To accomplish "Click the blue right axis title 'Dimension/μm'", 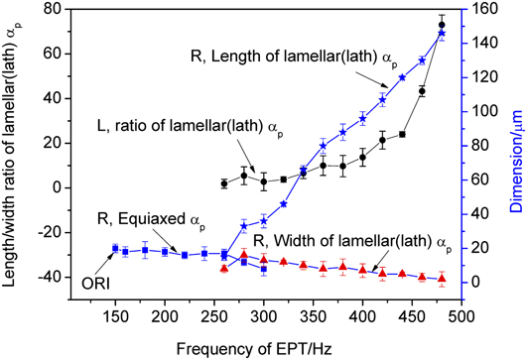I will point(516,149).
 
